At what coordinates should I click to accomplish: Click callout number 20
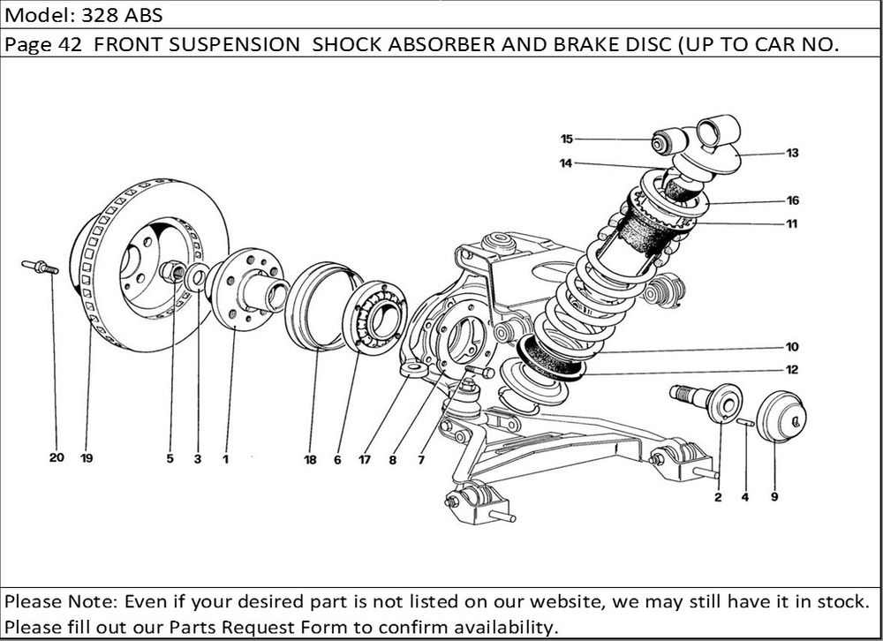coord(57,459)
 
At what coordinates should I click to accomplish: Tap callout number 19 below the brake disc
coord(87,459)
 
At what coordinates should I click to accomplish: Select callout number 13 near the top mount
coord(792,153)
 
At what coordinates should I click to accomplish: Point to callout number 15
coord(567,139)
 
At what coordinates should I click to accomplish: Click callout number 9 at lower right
coord(774,497)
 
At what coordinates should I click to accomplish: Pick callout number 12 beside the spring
coord(792,370)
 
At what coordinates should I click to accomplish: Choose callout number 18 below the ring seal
coord(311,459)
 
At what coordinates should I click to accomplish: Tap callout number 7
coord(421,459)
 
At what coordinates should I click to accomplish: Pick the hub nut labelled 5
coord(176,273)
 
